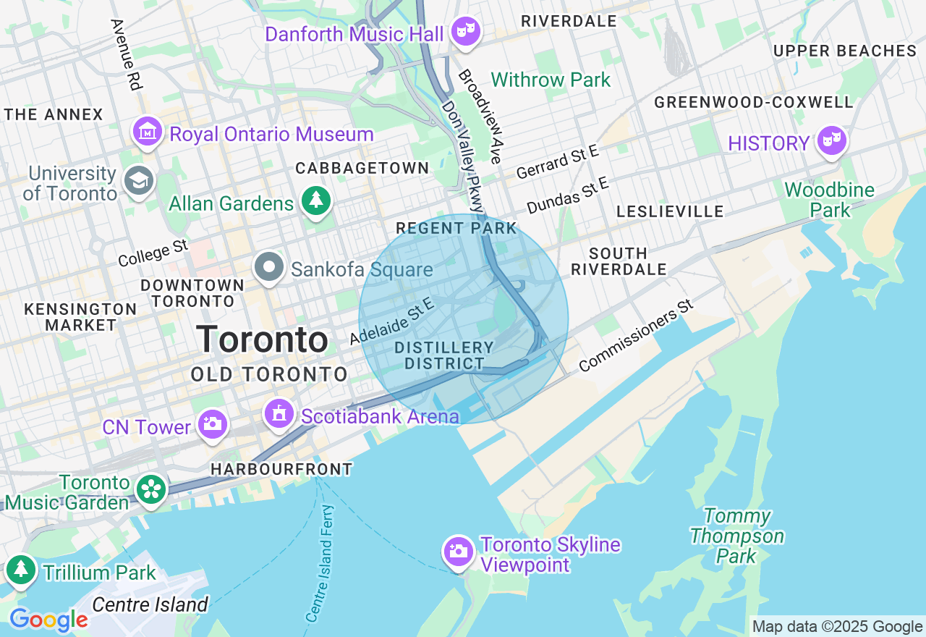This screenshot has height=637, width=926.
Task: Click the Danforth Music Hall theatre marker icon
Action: coord(466,32)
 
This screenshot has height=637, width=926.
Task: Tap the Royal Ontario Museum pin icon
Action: coord(148,132)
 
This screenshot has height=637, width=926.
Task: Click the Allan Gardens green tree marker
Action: coord(315,202)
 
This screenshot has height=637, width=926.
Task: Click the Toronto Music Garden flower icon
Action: coord(151,490)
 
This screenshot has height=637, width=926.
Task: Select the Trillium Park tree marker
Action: coord(21,570)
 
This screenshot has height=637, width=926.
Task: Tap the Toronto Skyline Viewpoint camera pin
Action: coord(458,552)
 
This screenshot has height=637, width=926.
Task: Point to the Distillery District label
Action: coord(444,355)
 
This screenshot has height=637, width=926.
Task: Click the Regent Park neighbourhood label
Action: coord(456,229)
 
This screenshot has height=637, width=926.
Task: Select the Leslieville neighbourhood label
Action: coord(669,211)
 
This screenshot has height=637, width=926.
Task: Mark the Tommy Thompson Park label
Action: coord(736,536)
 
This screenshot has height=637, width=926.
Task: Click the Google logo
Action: coord(48,620)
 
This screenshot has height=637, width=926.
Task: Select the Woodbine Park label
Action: coord(829,200)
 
